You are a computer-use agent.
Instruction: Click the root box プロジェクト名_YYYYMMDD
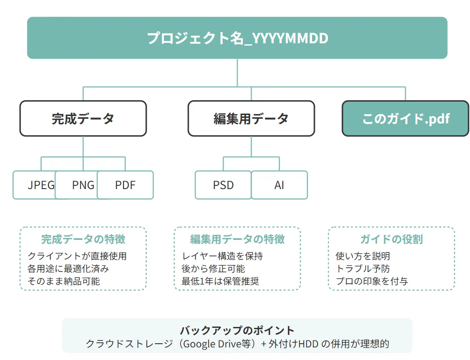(x=237, y=38)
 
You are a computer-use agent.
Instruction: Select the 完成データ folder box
(x=83, y=118)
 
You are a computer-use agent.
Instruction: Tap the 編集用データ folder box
(x=251, y=118)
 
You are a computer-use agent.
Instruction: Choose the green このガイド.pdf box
(x=406, y=118)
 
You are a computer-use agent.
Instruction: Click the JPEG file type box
(x=34, y=185)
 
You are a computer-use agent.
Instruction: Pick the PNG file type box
(x=76, y=185)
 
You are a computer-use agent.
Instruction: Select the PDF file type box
(x=125, y=185)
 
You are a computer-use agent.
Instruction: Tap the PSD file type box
(x=223, y=185)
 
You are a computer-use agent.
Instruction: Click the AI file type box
(x=279, y=185)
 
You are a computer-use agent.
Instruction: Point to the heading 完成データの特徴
(x=83, y=239)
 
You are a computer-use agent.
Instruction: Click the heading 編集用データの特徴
(x=237, y=239)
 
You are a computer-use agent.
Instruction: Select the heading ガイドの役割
(x=391, y=239)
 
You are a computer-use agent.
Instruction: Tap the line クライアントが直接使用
(x=77, y=256)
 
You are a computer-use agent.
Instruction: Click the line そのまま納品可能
(x=63, y=281)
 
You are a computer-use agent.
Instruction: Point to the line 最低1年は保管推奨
(x=220, y=281)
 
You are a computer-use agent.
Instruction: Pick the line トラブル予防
(x=363, y=269)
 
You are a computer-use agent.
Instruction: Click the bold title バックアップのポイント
(x=237, y=330)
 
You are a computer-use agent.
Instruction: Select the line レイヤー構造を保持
(x=222, y=256)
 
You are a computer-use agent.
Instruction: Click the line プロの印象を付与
(x=372, y=281)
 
